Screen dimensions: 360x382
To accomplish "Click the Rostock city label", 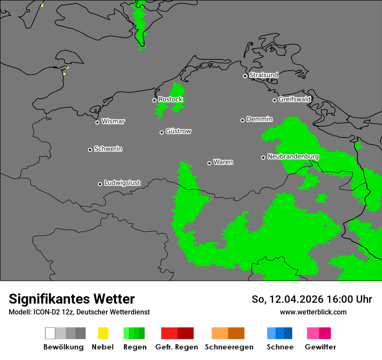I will click(x=170, y=100).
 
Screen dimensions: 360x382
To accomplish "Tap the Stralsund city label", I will click(x=263, y=75).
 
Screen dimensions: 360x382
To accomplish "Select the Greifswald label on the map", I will click(x=294, y=100).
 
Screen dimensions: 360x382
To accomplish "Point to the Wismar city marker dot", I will click(x=97, y=122).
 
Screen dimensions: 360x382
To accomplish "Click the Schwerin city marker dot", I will click(x=90, y=150).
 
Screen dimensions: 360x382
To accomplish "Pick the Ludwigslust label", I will click(x=122, y=183).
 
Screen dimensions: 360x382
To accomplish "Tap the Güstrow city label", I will click(x=178, y=131).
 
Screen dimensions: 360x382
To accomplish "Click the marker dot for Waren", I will click(x=209, y=163).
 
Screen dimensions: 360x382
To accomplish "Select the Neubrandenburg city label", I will click(x=293, y=157).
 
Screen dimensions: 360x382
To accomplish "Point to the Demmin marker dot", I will click(x=242, y=120).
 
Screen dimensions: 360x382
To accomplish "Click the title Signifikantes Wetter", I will click(x=72, y=299).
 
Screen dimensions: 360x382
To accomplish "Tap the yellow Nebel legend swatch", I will click(x=103, y=333).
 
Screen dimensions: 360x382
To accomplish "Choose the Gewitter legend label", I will click(x=320, y=347).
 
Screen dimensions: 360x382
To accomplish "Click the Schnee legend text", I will click(x=280, y=347).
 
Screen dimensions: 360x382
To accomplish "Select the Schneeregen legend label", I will click(x=229, y=347).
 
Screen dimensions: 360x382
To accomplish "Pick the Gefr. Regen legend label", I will click(x=177, y=347).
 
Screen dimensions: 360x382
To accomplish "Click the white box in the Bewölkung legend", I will click(x=50, y=333).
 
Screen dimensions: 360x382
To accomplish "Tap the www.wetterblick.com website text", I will click(x=313, y=312).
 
